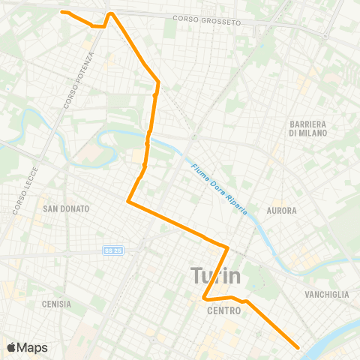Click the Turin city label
(x=216, y=275)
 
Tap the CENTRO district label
(x=224, y=310)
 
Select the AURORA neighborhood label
(x=281, y=211)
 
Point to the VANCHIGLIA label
(x=326, y=295)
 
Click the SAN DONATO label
(x=66, y=208)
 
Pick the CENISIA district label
(x=57, y=304)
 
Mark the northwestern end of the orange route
(x=62, y=12)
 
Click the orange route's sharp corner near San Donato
(x=129, y=202)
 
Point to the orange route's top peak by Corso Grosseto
(x=111, y=13)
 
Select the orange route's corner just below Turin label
(x=204, y=299)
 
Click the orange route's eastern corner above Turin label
(x=227, y=246)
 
